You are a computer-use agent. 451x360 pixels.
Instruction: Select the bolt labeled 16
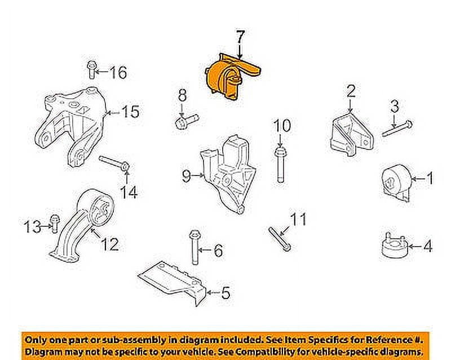coord(92,69)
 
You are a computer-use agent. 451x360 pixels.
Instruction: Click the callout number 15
coord(130,113)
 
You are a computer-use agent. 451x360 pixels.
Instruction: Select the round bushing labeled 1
coord(395,182)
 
